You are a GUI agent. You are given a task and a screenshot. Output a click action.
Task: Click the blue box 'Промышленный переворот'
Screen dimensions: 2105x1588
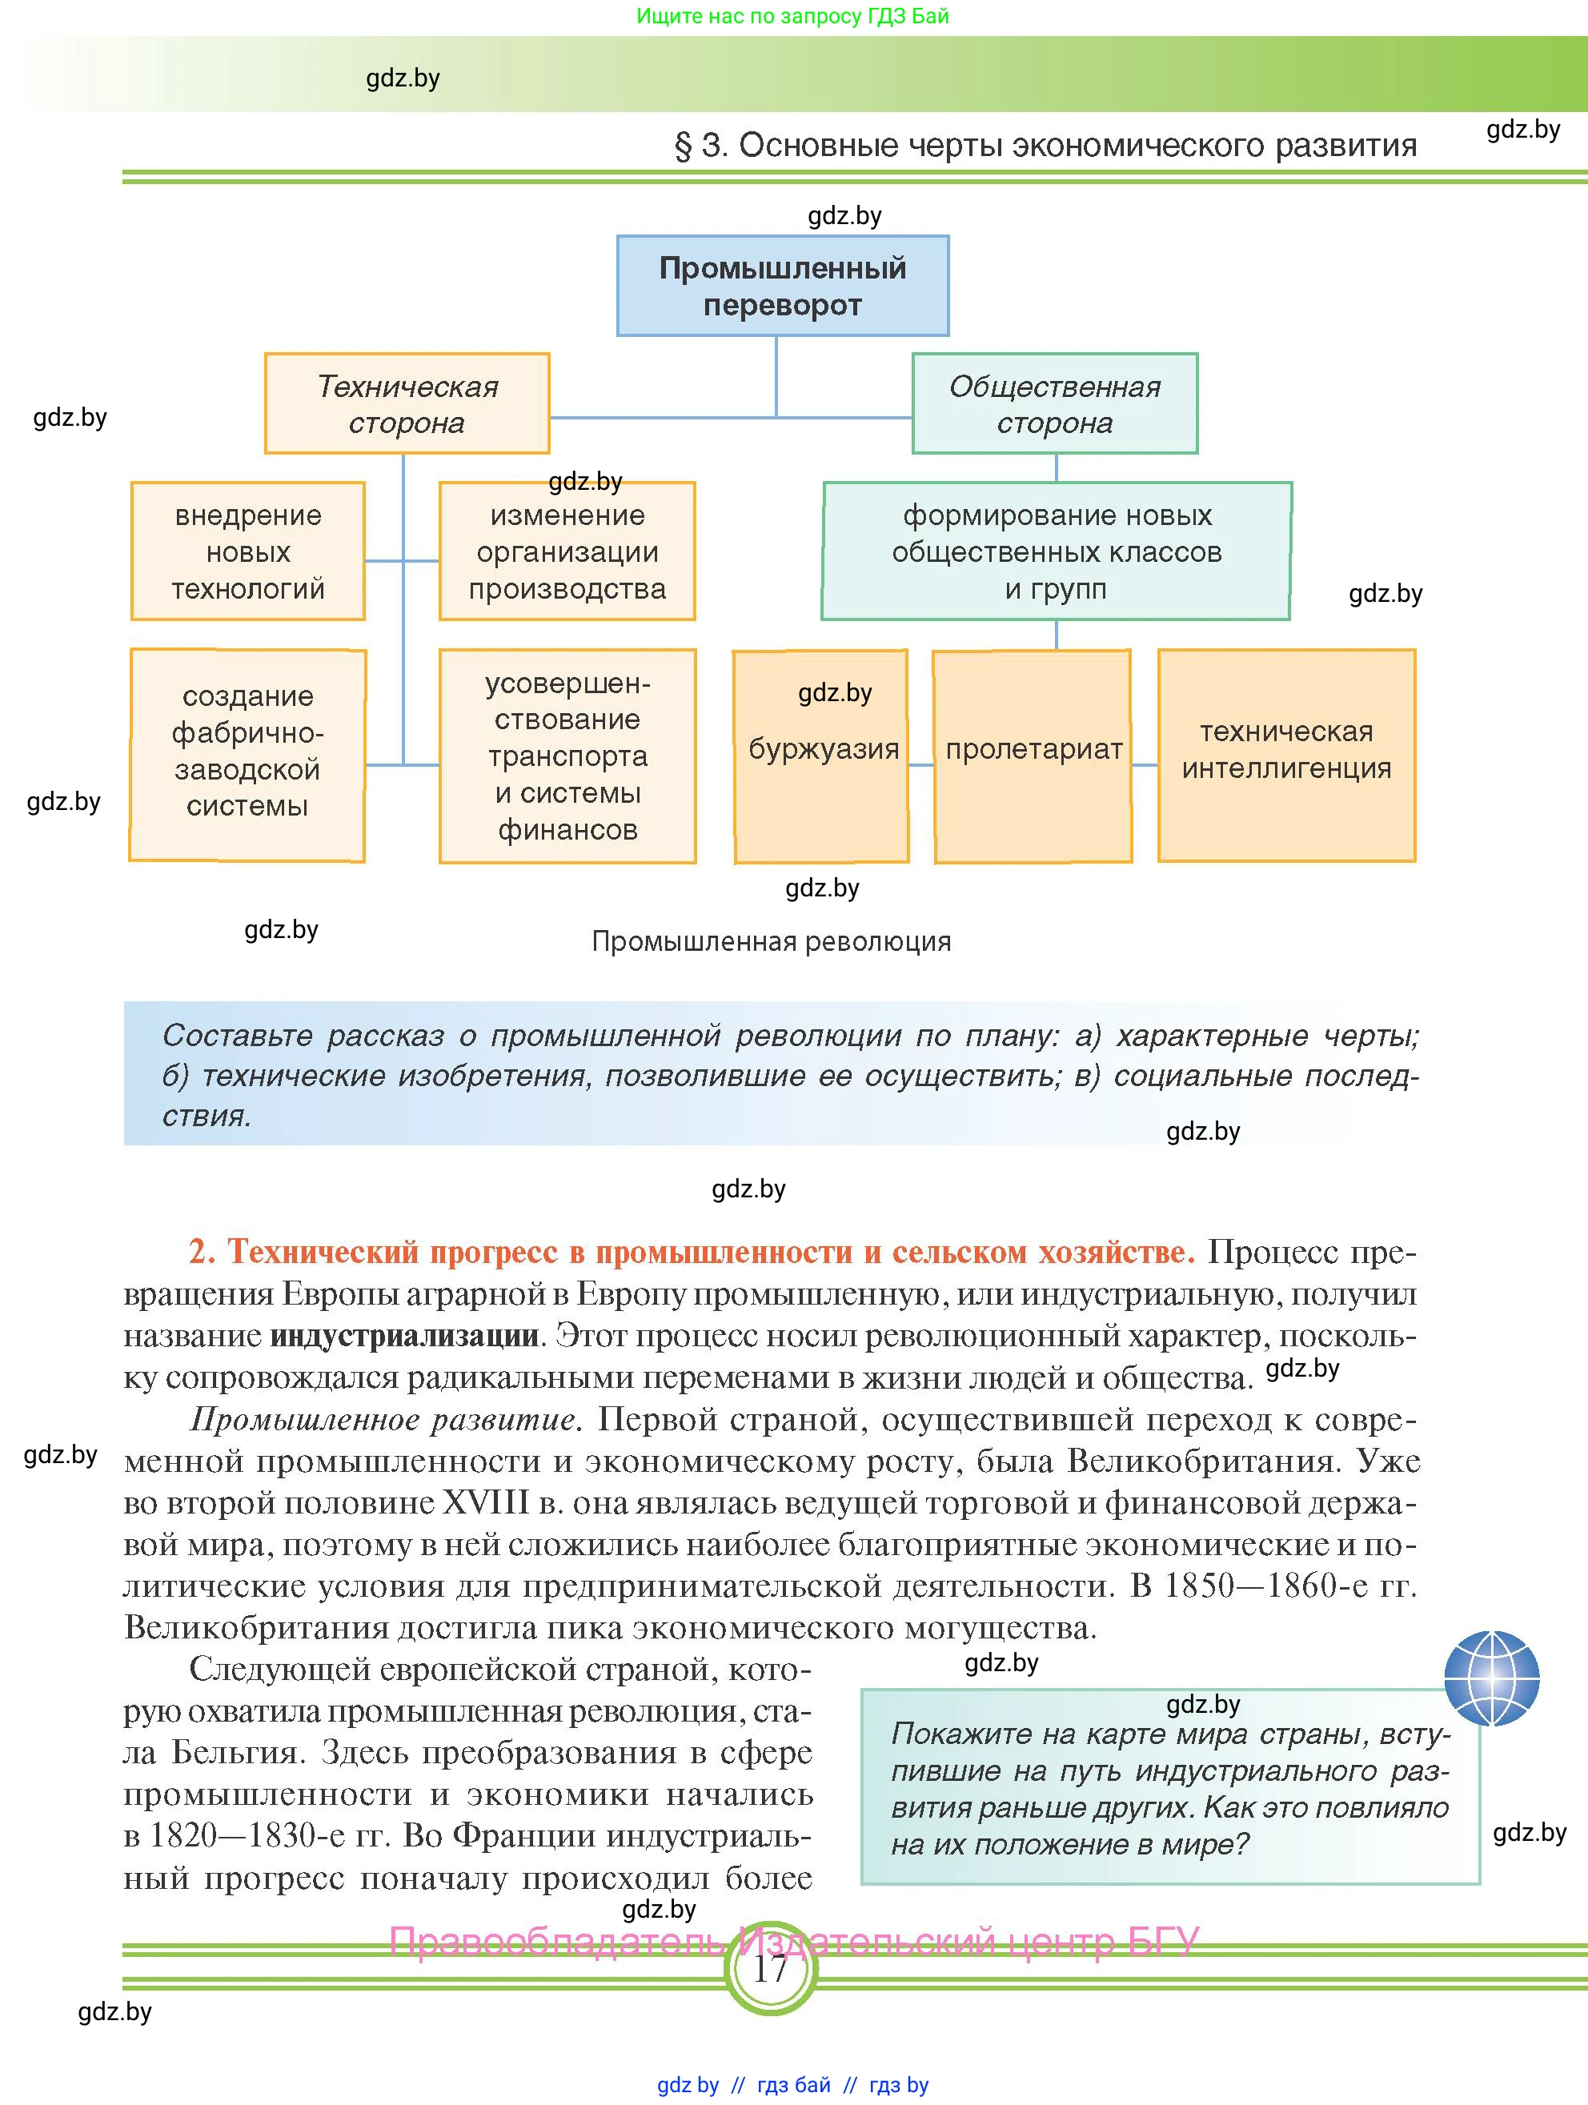pos(782,286)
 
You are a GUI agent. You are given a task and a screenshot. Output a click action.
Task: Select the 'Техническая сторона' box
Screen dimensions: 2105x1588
pos(407,403)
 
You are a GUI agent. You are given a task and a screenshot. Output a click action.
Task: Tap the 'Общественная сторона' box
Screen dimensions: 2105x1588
pos(1054,403)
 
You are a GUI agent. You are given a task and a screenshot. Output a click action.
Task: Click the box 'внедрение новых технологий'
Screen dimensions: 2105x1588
pos(247,551)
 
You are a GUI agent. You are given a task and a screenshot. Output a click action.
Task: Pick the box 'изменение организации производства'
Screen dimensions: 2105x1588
pos(567,551)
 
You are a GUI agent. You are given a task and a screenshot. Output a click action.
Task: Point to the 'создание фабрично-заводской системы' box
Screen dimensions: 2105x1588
pos(247,756)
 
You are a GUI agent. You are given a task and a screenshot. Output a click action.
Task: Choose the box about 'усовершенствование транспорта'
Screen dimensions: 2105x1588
pos(567,756)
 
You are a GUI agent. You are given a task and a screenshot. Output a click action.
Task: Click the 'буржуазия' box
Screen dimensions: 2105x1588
pos(822,756)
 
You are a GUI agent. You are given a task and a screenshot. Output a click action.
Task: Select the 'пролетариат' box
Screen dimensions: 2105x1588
pos(1033,756)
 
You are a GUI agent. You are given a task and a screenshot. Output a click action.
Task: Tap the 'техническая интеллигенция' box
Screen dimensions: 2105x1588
pos(1286,756)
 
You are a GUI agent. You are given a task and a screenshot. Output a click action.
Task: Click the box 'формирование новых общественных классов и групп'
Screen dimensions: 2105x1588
pos(1056,551)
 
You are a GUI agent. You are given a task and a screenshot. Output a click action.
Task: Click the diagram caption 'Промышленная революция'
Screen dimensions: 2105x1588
pos(771,941)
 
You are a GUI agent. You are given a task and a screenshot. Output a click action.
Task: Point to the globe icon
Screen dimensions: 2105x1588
pos(1491,1678)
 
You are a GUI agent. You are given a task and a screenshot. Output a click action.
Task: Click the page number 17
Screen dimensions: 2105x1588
pos(770,1968)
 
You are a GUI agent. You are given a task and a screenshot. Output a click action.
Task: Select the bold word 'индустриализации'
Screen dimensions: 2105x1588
pos(404,1336)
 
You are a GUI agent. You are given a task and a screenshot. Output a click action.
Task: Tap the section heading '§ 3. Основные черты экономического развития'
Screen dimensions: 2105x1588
pos(1045,146)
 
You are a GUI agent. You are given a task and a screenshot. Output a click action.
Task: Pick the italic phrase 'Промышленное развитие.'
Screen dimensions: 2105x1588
pos(384,1420)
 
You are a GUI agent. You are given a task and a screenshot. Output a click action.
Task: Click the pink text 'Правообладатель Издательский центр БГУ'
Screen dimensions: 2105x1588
pos(795,1941)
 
